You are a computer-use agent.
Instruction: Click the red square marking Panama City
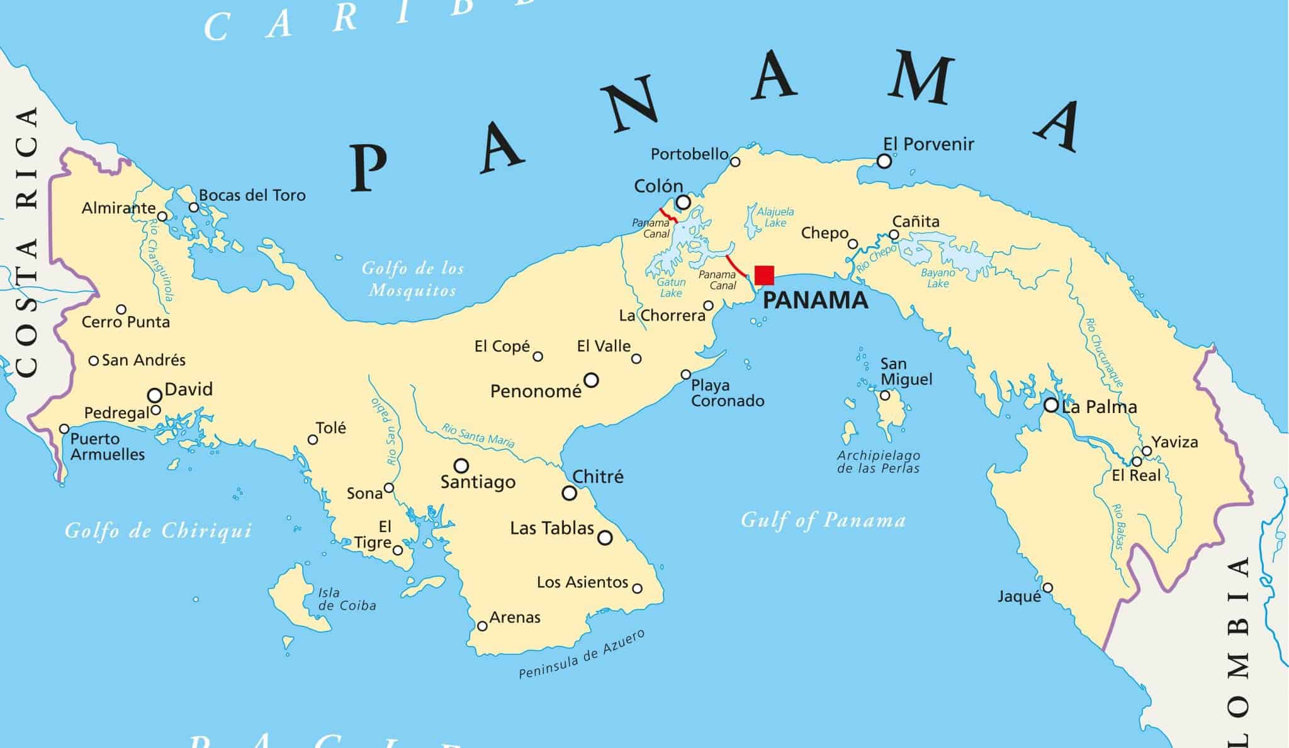pyautogui.click(x=764, y=275)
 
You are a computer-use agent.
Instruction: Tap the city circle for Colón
pyautogui.click(x=683, y=202)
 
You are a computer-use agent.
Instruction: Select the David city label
pyautogui.click(x=188, y=389)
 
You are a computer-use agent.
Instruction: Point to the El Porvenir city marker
pyautogui.click(x=884, y=161)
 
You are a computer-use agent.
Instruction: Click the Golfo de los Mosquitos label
pyautogui.click(x=413, y=279)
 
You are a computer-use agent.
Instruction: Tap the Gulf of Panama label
pyautogui.click(x=823, y=520)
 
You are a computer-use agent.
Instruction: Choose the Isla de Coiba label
pyautogui.click(x=347, y=599)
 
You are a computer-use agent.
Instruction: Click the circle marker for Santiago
pyautogui.click(x=461, y=465)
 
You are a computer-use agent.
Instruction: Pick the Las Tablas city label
pyautogui.click(x=551, y=528)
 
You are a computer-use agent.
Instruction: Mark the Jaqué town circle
pyautogui.click(x=1047, y=588)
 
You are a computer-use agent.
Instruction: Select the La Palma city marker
pyautogui.click(x=1050, y=405)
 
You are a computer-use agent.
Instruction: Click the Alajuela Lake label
pyautogui.click(x=775, y=217)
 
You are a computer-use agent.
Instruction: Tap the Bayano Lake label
pyautogui.click(x=938, y=278)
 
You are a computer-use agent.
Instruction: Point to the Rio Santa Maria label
pyautogui.click(x=478, y=436)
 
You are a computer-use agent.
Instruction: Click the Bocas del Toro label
pyautogui.click(x=252, y=195)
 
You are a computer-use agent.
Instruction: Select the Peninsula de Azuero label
pyautogui.click(x=582, y=655)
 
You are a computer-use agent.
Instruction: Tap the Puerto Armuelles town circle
pyautogui.click(x=64, y=429)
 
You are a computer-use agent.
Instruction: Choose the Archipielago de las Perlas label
pyautogui.click(x=878, y=462)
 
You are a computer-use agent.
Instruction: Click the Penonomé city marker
pyautogui.click(x=591, y=380)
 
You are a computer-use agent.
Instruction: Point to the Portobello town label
pyautogui.click(x=689, y=154)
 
